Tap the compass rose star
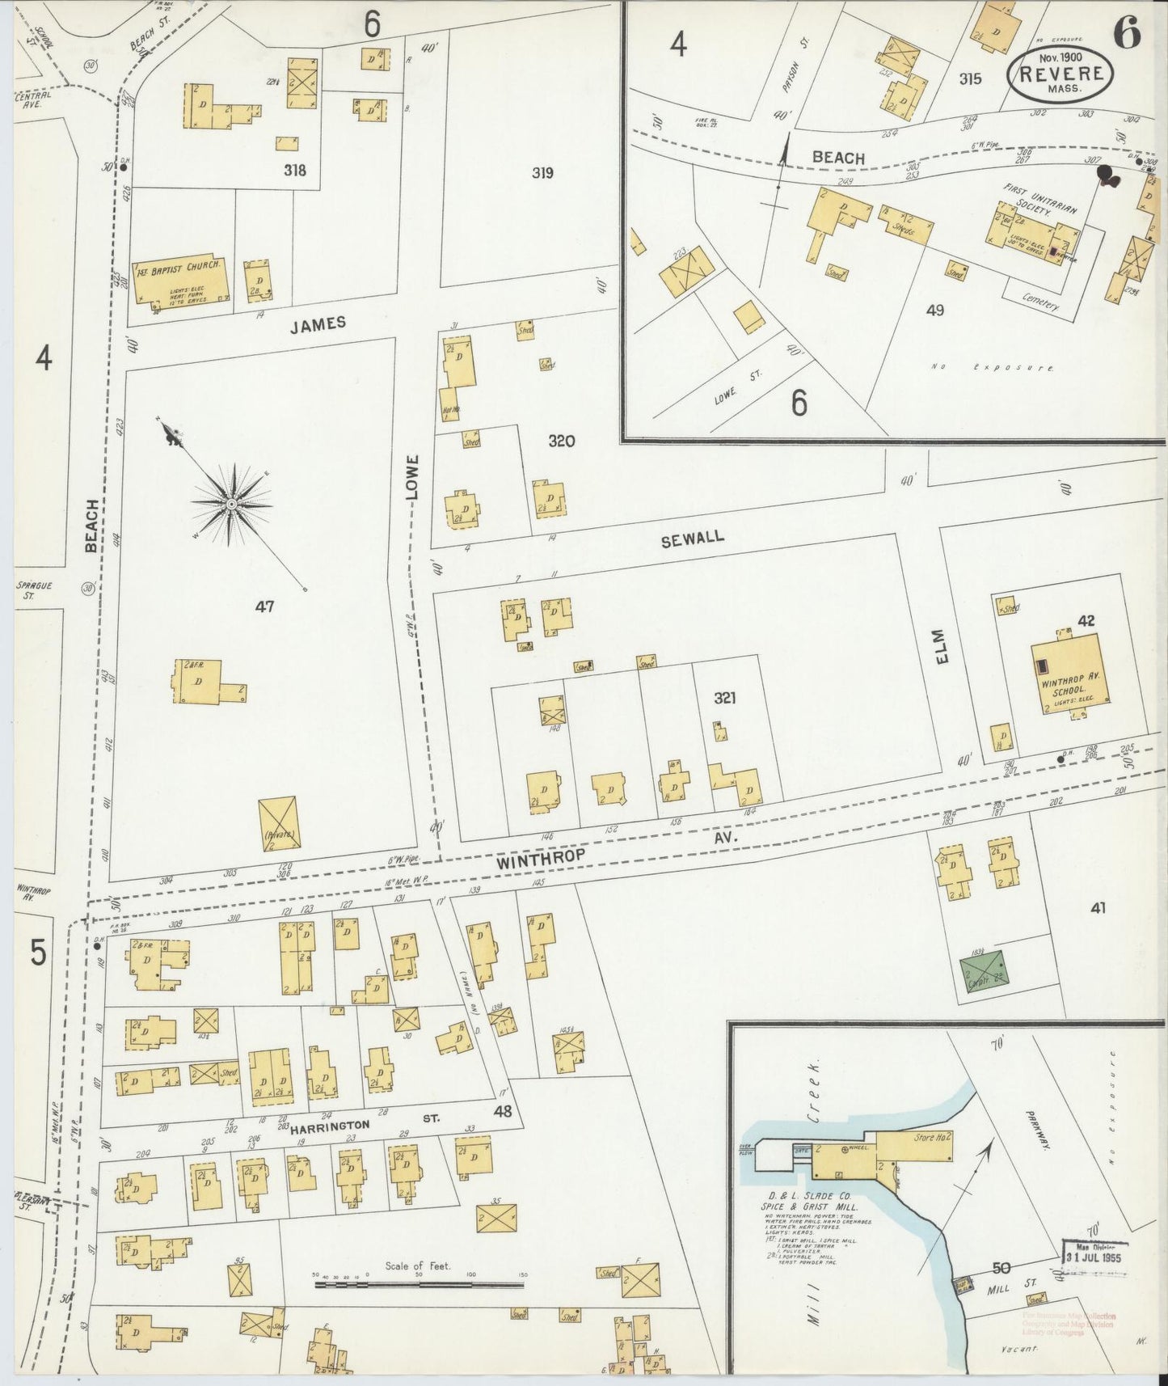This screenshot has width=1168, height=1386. [232, 504]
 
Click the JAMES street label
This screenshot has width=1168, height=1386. [318, 323]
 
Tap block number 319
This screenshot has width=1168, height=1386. [542, 172]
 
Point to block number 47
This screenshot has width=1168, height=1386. [264, 606]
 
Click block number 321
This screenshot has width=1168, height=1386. [724, 698]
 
